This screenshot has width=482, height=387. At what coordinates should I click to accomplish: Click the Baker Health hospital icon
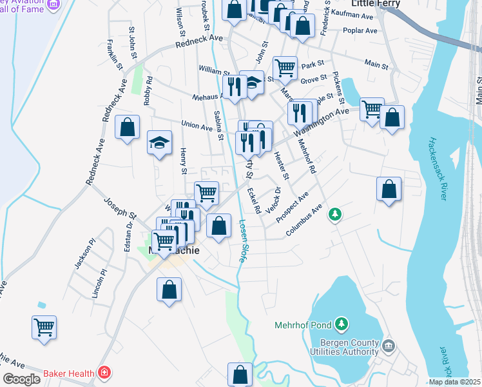(x=103, y=373)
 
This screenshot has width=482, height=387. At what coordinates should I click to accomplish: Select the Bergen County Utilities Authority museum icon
(x=388, y=346)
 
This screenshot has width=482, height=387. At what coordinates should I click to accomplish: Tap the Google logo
(x=21, y=379)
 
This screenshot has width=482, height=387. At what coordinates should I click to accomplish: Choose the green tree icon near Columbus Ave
(x=334, y=213)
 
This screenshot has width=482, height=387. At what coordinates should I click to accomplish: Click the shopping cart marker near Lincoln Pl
(x=44, y=327)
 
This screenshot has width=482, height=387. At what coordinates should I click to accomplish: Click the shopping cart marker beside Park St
(x=284, y=66)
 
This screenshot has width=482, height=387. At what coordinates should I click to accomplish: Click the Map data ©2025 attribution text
(x=454, y=382)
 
